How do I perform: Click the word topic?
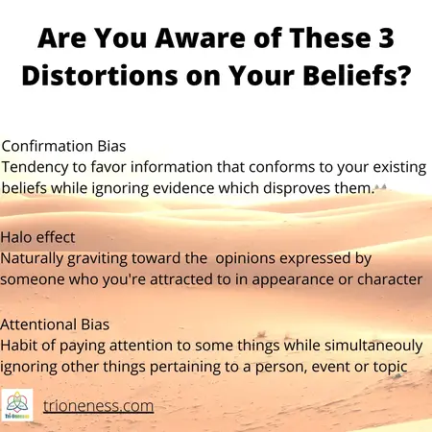(x=396, y=369)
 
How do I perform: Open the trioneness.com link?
(x=99, y=406)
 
